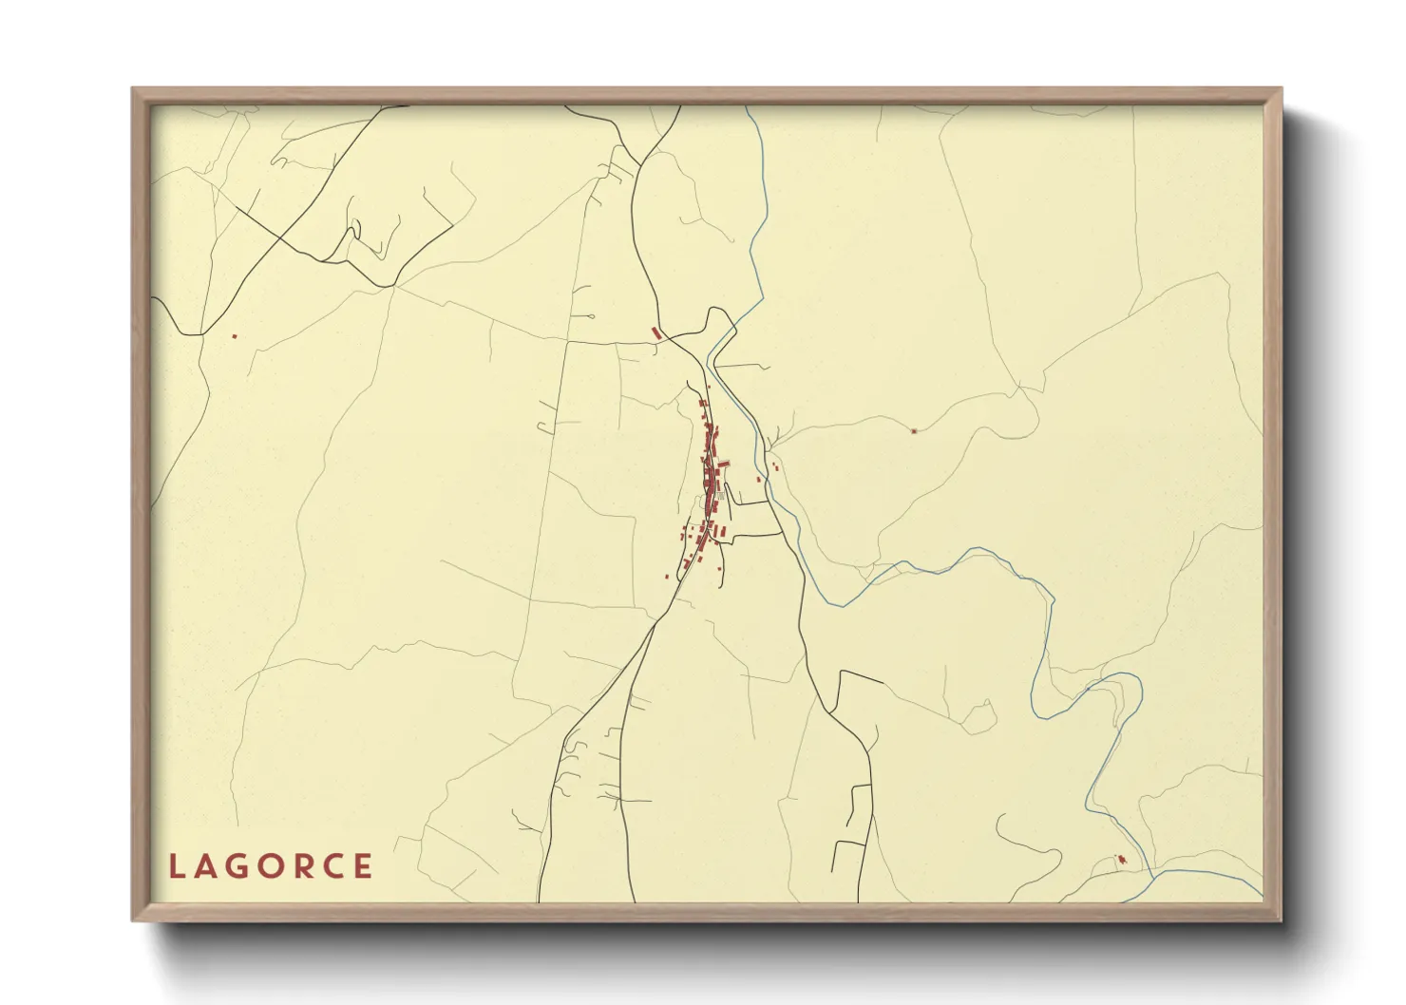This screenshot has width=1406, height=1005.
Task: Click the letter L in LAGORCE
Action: [176, 866]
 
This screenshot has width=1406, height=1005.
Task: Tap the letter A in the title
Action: [207, 866]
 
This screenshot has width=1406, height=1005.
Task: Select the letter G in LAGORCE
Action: [239, 866]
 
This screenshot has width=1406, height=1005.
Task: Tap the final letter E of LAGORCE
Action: [363, 866]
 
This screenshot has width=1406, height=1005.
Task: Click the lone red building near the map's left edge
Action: [234, 335]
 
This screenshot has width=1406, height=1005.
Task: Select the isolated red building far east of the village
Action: [914, 431]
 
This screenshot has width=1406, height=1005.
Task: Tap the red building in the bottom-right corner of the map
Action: [1122, 860]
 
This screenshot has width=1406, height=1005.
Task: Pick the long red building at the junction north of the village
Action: [655, 332]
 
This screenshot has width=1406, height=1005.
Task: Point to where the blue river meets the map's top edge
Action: [749, 106]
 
